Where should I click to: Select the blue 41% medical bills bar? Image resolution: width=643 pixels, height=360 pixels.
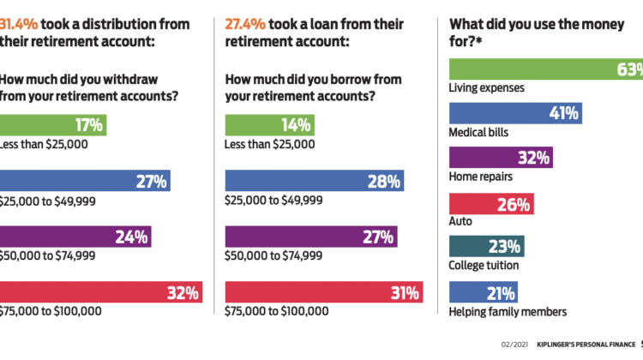[514, 112]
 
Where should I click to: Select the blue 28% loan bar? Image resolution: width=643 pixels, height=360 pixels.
[314, 181]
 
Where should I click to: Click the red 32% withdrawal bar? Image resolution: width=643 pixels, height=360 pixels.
[99, 292]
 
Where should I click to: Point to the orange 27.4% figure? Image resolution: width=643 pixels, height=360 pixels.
[245, 23]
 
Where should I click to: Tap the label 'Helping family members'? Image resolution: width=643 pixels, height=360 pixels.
[508, 311]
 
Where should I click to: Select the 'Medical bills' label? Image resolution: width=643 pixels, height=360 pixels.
[480, 132]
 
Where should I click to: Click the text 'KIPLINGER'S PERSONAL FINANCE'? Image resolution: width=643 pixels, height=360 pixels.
[575, 344]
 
